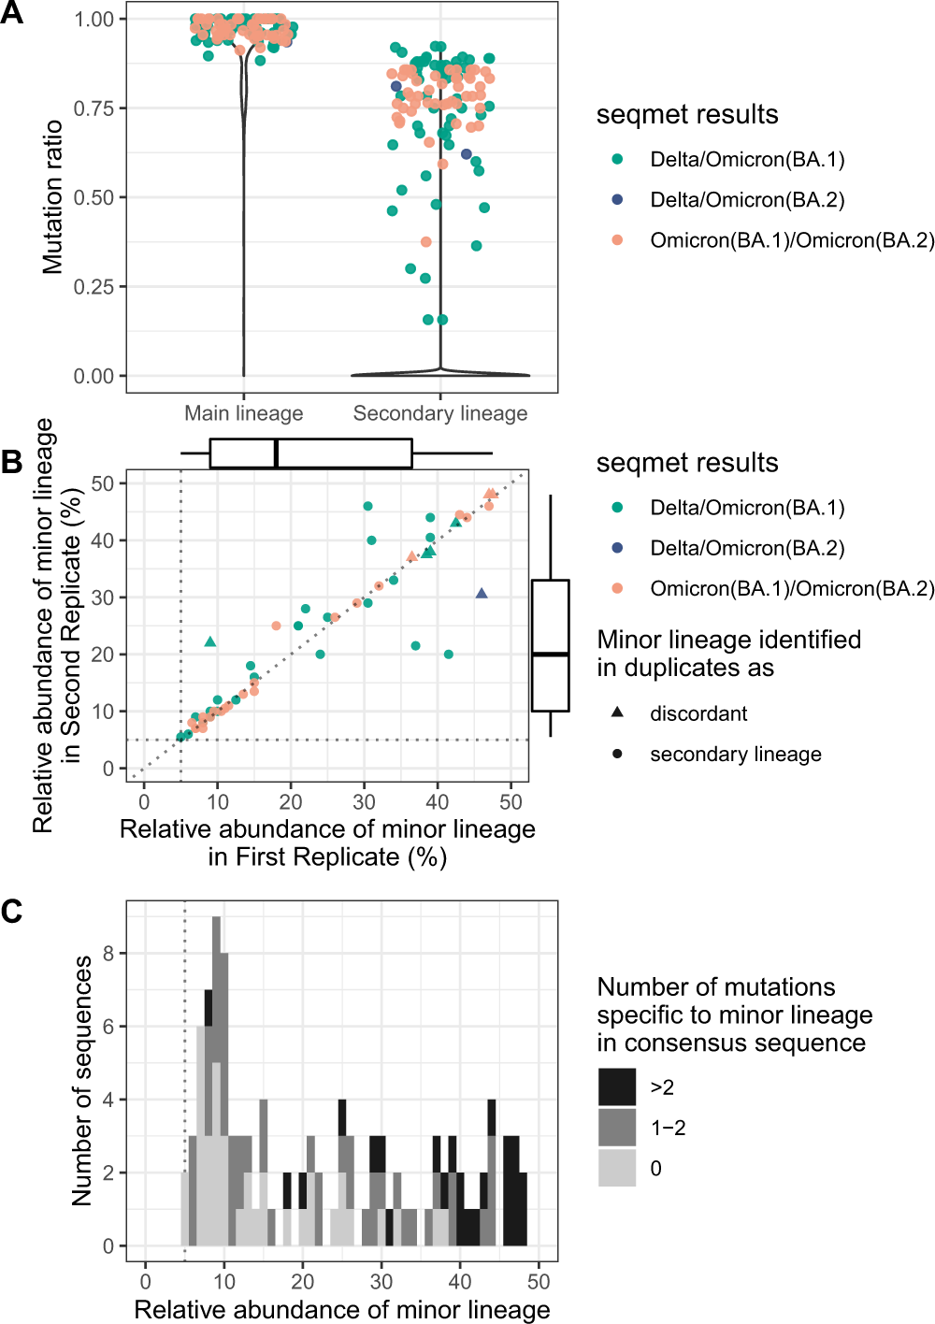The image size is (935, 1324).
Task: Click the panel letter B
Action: pyautogui.click(x=12, y=461)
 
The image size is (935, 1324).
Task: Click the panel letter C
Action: pyautogui.click(x=12, y=911)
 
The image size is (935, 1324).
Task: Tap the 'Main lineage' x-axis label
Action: pyautogui.click(x=243, y=413)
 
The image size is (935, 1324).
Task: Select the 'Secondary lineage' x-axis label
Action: pyautogui.click(x=439, y=413)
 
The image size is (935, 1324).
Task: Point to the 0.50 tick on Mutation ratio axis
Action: pyautogui.click(x=93, y=197)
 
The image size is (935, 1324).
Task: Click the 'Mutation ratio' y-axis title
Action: pyautogui.click(x=52, y=196)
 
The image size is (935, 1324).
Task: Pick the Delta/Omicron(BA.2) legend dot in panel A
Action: pyautogui.click(x=617, y=200)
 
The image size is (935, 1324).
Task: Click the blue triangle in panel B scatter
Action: pyautogui.click(x=482, y=594)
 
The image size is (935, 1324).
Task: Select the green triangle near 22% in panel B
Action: pyautogui.click(x=210, y=641)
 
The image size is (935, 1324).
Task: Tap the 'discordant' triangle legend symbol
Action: pyautogui.click(x=617, y=712)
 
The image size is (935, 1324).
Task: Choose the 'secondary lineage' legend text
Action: pyautogui.click(x=736, y=755)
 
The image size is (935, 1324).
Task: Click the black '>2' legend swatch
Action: pyautogui.click(x=617, y=1087)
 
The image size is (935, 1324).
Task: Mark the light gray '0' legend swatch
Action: pyautogui.click(x=617, y=1168)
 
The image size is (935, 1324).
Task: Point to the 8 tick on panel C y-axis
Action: pyautogui.click(x=108, y=954)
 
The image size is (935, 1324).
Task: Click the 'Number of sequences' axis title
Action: pyautogui.click(x=82, y=1080)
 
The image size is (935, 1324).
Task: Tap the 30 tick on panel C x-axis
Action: pyautogui.click(x=381, y=1281)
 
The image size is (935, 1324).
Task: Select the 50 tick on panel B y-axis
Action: pyautogui.click(x=103, y=483)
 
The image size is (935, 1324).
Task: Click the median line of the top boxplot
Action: pyautogui.click(x=277, y=453)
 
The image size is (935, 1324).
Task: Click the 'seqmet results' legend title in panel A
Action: pyautogui.click(x=687, y=115)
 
